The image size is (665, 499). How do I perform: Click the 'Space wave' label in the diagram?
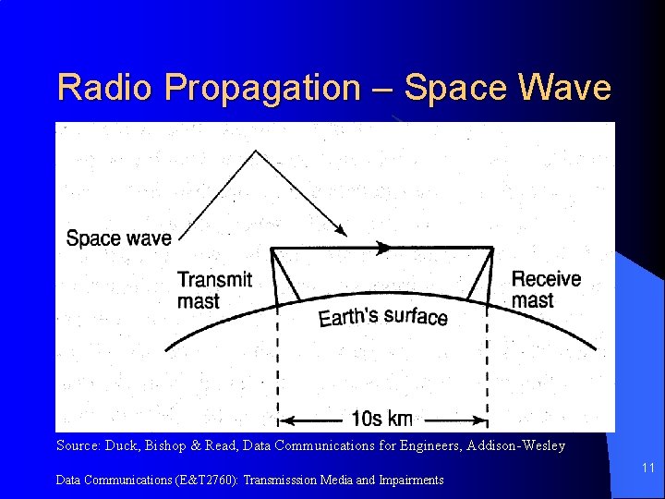(118, 238)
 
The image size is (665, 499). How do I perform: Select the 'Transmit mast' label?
(214, 290)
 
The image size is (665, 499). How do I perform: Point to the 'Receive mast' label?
(546, 289)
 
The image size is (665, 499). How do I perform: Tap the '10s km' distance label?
(382, 419)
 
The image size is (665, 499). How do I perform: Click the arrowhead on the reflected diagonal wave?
(341, 229)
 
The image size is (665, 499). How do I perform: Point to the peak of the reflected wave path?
(252, 152)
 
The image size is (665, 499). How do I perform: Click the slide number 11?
(647, 469)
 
